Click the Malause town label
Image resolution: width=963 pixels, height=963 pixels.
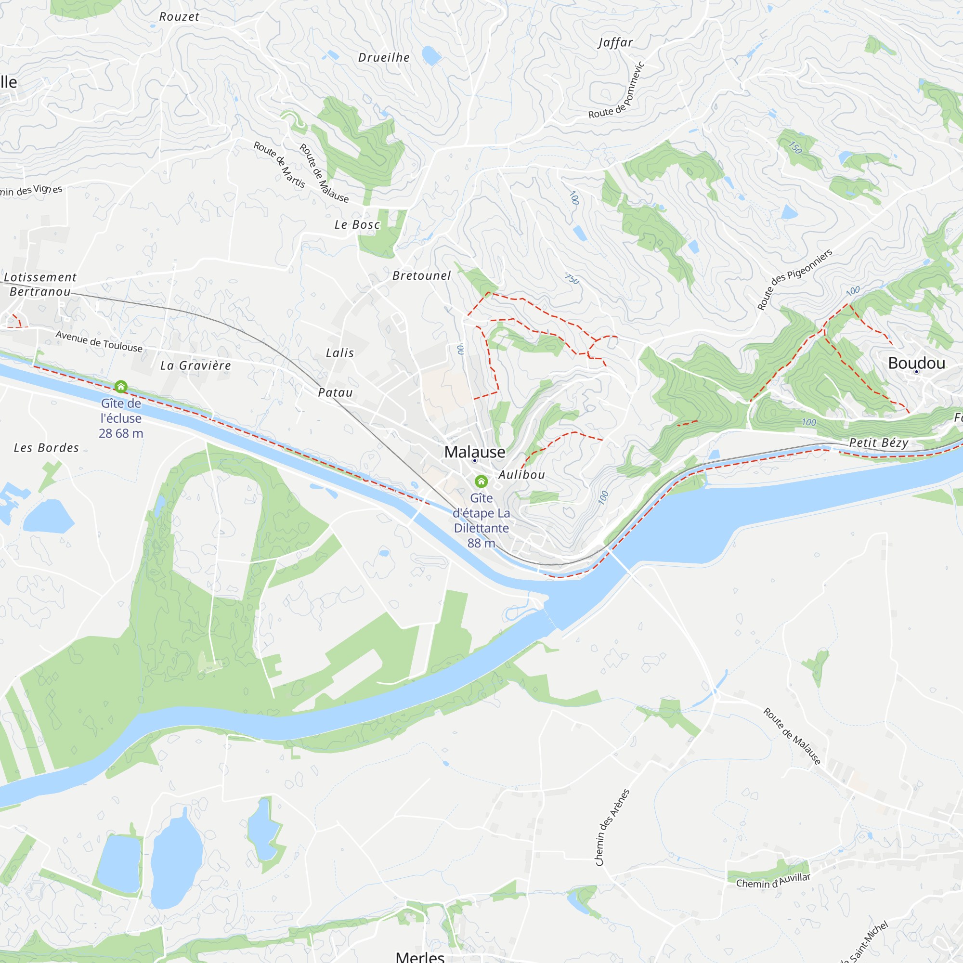pos(475,452)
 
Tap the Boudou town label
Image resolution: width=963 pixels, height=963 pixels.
pos(916,363)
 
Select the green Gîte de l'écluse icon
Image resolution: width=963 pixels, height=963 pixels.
pos(121,386)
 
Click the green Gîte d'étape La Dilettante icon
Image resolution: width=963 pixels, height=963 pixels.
pos(481,481)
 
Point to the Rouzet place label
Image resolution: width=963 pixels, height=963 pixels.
pos(180,17)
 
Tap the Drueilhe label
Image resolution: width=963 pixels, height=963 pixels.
pos(384,58)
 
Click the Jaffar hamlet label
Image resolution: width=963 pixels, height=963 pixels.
pos(615,43)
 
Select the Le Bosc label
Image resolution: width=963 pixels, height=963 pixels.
pos(357,225)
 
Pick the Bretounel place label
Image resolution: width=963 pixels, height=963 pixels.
pos(421,275)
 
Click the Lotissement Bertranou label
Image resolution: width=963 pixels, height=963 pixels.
pos(40,284)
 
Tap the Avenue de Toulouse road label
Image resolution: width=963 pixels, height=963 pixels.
pos(99,341)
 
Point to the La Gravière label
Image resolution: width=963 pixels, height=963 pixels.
pos(195,365)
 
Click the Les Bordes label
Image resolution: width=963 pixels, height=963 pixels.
pos(46,448)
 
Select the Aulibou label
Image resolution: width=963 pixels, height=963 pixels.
pos(521,475)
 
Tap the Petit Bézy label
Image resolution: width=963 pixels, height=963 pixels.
pos(878,442)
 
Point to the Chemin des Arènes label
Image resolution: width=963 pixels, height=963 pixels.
pos(612,827)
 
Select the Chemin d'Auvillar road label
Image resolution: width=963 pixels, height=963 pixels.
pos(773,880)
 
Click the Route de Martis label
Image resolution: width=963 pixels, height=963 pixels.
pos(279,165)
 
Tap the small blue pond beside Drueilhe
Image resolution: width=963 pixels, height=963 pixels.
pos(431,55)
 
